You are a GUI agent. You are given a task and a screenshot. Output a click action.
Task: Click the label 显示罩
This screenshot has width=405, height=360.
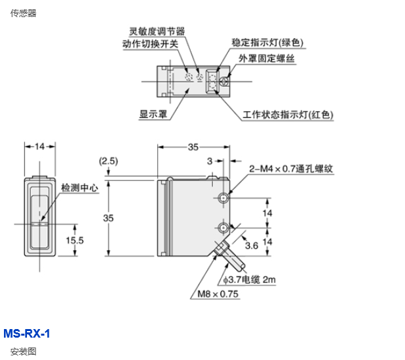tap(152, 113)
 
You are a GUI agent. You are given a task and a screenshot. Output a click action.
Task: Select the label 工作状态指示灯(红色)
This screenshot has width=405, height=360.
tap(287, 115)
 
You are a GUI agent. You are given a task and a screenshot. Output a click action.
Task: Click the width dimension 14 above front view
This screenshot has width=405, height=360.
tap(40, 146)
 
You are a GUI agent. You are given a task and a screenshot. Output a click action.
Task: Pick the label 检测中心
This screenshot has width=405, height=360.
tap(80, 188)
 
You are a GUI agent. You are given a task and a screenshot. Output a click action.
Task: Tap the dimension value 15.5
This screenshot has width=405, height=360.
tap(75, 241)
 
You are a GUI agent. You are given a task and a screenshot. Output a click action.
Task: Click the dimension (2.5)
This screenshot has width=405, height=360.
tap(108, 161)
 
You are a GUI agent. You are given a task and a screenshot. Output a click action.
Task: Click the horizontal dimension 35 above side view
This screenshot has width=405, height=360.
tap(193, 147)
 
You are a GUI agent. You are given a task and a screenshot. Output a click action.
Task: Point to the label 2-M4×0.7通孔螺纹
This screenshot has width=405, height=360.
tap(291, 168)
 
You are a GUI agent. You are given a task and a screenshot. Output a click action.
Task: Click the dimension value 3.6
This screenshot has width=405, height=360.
tap(252, 245)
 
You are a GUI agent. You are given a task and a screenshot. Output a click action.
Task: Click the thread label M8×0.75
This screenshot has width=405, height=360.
tap(216, 294)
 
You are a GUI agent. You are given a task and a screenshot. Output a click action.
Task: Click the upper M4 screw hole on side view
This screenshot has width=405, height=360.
tap(224, 198)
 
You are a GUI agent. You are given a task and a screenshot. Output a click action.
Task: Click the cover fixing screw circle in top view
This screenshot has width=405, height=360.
tap(224, 82)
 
